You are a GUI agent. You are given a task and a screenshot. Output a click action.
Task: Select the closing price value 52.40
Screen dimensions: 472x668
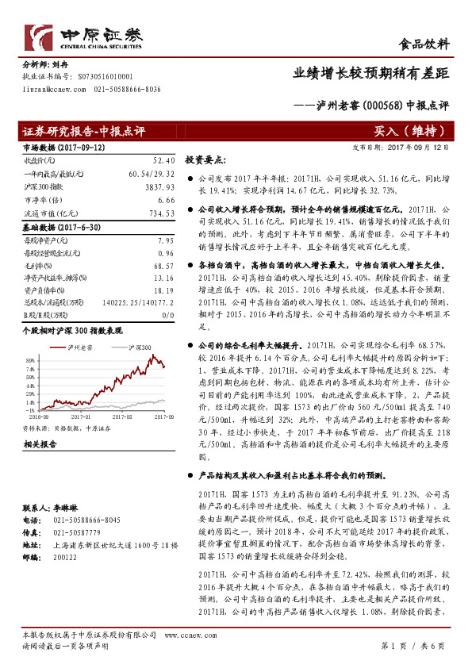point(163,159)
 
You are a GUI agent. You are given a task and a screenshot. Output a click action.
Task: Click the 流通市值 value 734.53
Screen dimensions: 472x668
point(161,213)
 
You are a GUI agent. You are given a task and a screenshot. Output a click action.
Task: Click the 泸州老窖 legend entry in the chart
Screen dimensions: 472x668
point(80,347)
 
